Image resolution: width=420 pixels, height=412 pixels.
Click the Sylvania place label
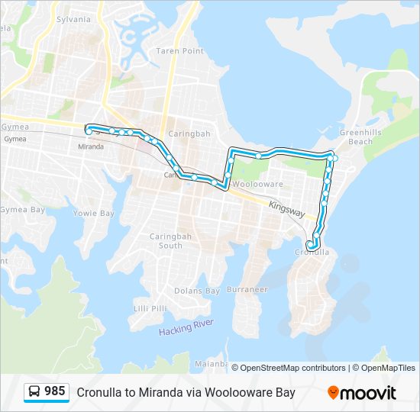73,18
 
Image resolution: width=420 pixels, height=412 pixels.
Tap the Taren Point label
180,51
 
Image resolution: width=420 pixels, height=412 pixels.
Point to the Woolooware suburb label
257,185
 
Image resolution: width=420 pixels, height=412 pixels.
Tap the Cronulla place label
312,253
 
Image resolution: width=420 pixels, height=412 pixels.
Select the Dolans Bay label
197,291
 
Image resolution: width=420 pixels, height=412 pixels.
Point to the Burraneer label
247,290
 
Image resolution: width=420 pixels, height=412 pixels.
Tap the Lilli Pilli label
150,308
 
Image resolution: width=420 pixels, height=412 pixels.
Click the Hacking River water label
186,330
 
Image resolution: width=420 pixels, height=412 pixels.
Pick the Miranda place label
91,146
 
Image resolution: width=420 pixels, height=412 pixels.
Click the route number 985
54,391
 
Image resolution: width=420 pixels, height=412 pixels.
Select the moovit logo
362,393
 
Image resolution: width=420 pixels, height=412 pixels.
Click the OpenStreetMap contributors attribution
293,368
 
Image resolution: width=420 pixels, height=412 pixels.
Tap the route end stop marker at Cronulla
309,244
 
